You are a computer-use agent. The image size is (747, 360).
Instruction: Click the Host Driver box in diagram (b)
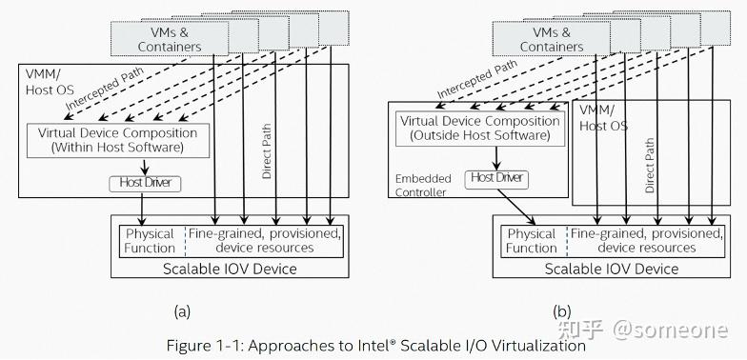497,178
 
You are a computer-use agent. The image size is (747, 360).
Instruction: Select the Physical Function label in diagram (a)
150,241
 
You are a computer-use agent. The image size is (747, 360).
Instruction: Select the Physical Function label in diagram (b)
531,241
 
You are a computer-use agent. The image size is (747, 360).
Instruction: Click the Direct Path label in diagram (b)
650,163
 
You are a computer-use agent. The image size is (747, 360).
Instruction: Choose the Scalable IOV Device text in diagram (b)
612,269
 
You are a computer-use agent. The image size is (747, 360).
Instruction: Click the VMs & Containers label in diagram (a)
170,38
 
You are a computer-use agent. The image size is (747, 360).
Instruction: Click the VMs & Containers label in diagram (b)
551,38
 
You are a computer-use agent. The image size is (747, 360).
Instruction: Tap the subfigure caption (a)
182,310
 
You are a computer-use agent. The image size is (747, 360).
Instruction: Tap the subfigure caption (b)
561,310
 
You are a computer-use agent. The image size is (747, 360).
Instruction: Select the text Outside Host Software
481,136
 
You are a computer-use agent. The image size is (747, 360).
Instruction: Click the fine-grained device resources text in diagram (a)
264,241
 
